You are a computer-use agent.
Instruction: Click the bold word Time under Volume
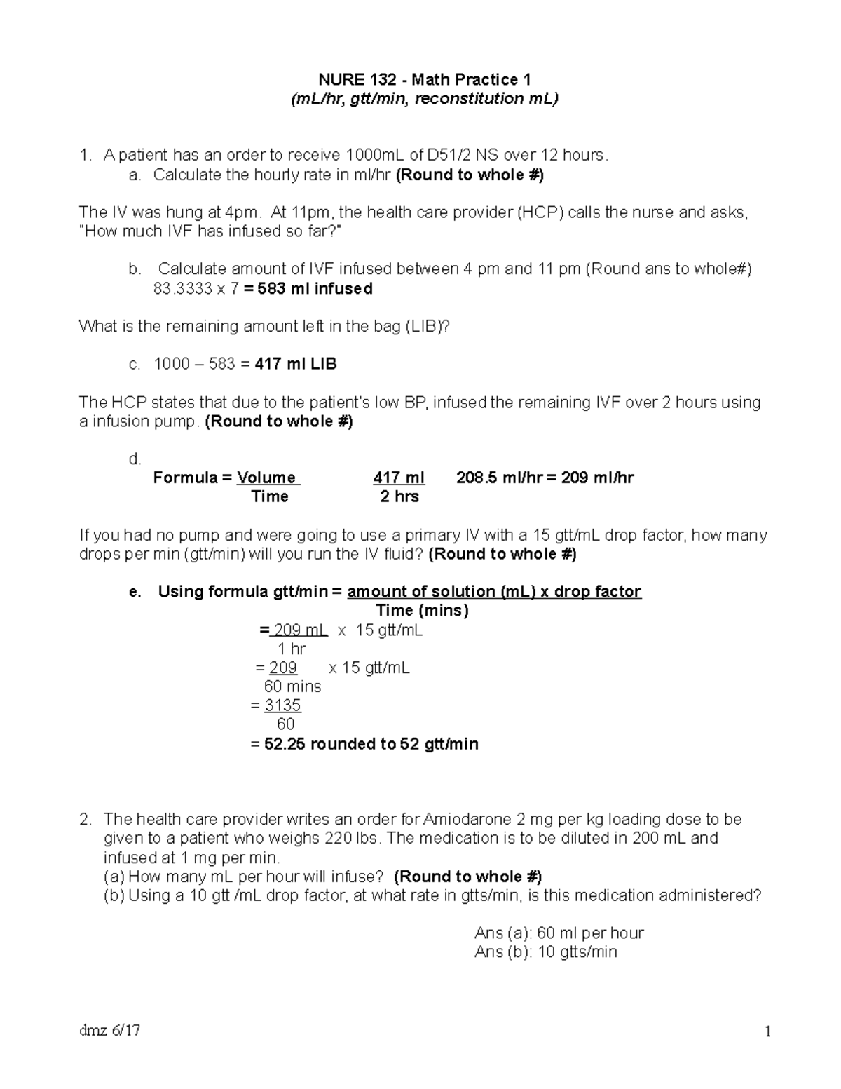pos(270,497)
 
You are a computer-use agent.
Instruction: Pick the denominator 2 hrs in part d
pos(399,497)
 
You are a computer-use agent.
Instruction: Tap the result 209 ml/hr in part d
pos(597,478)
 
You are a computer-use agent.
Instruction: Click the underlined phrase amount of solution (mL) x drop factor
pos(494,592)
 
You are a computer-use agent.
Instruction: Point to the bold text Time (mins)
pos(422,611)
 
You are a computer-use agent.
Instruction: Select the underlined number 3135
pos(282,705)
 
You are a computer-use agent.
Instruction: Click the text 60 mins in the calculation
pos(292,686)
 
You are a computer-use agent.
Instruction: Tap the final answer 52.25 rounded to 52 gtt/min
pos(371,744)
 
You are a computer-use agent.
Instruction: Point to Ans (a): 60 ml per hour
pos(559,933)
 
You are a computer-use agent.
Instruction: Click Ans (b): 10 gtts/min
pos(545,952)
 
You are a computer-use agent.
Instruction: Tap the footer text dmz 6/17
pos(109,1031)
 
